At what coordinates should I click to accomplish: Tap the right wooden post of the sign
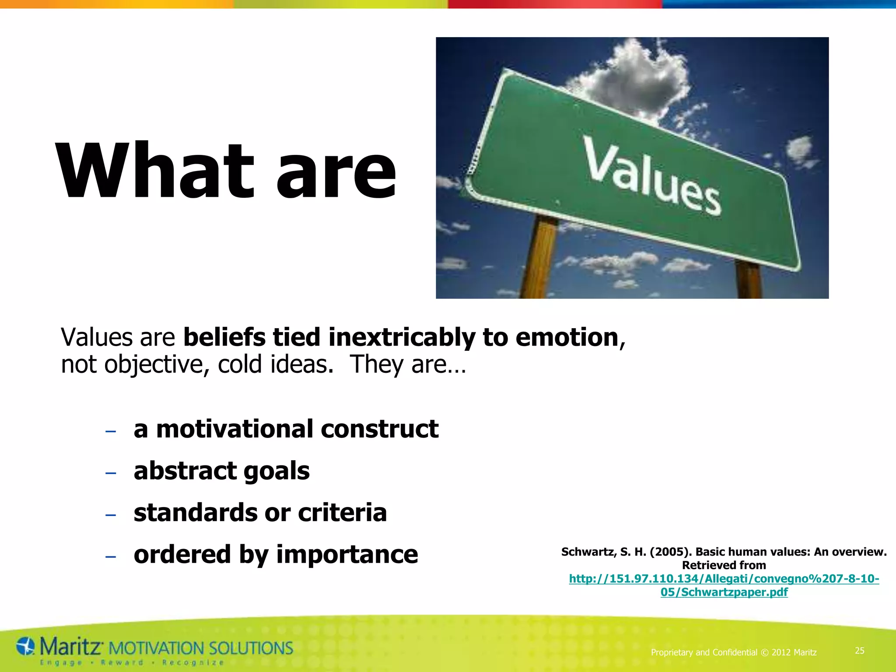[x=749, y=280]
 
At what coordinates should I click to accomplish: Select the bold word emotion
[x=567, y=337]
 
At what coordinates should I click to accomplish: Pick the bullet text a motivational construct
[x=286, y=429]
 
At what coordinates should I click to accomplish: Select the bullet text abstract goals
[x=221, y=471]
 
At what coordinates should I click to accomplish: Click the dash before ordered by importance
[x=111, y=556]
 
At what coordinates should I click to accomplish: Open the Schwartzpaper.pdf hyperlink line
[x=724, y=592]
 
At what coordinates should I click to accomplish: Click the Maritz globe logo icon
[x=25, y=647]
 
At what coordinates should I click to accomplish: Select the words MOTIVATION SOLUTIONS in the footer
[x=200, y=648]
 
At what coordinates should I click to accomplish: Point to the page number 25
[x=859, y=651]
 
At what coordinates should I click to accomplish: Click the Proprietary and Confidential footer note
[x=733, y=652]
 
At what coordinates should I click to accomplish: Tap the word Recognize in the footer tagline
[x=193, y=663]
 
